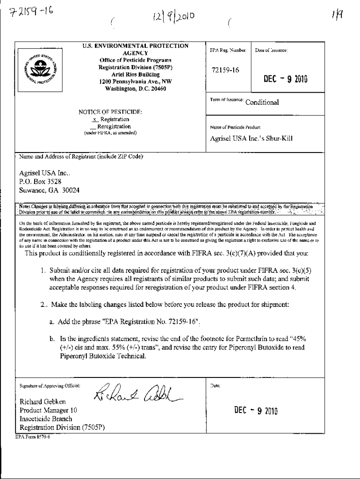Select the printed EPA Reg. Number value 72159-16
pos(225,70)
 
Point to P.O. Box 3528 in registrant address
pos(41,181)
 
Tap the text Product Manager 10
pos(48,410)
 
